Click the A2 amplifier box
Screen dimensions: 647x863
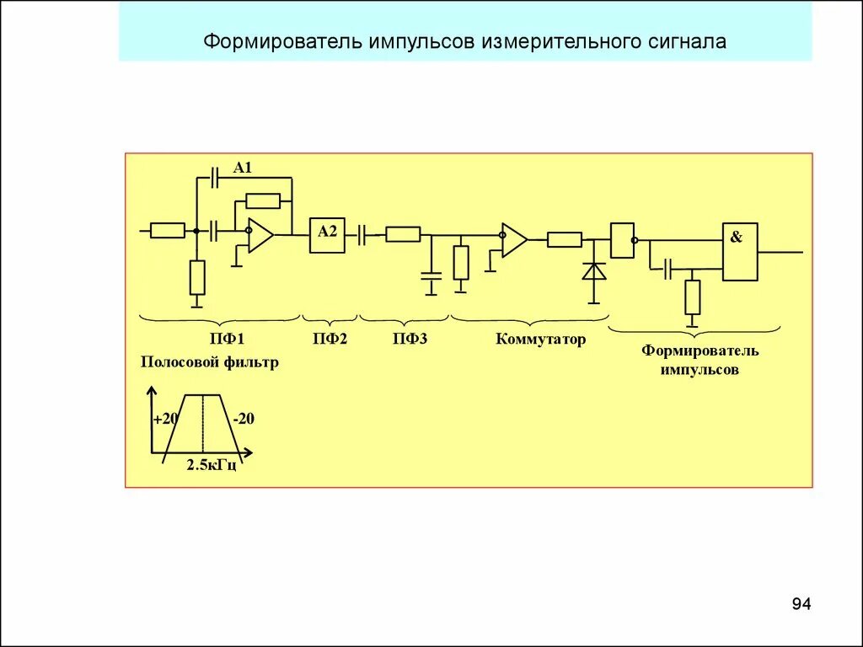pos(326,235)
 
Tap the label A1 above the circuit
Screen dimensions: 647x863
pos(243,168)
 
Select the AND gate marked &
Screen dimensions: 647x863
pos(739,252)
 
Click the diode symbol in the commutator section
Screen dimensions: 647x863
pos(595,271)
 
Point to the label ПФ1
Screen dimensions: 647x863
pos(227,340)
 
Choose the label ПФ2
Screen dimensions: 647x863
pos(330,340)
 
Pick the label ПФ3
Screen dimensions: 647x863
pos(410,340)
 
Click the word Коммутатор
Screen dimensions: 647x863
pos(540,340)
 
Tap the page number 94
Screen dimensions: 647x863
pos(801,604)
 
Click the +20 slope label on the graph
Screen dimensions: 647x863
pos(165,419)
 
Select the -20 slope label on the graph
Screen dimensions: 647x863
pos(244,419)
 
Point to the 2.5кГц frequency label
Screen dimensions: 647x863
pos(211,465)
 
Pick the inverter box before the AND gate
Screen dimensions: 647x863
pos(622,240)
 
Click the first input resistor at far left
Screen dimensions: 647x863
pos(167,230)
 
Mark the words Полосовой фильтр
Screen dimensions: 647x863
pos(209,363)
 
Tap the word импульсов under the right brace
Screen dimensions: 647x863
pos(700,370)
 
